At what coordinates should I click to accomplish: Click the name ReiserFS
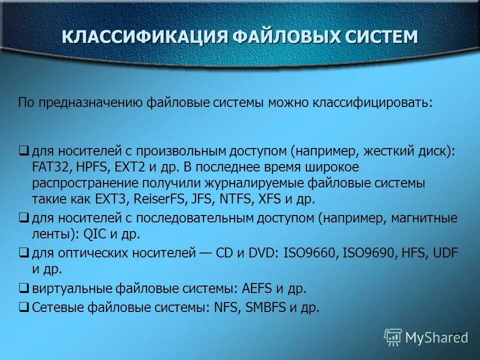click(161, 198)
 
